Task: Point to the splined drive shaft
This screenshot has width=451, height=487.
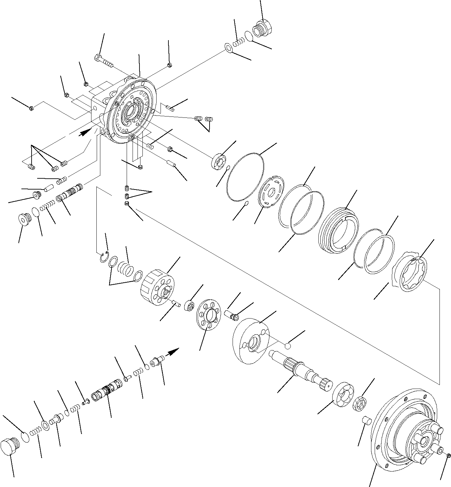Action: (301, 370)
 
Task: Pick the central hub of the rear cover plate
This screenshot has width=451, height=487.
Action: (132, 114)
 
